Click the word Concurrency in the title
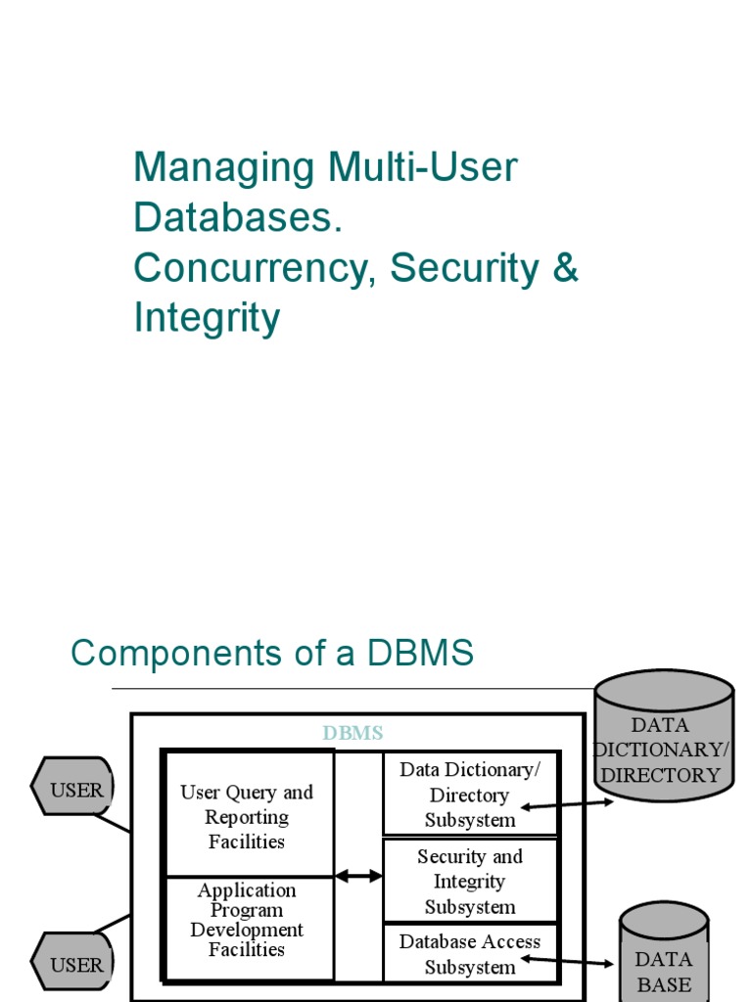click(253, 269)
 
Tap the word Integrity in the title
click(207, 318)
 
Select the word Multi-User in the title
click(422, 167)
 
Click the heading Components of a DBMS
click(272, 653)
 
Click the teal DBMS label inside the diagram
click(353, 733)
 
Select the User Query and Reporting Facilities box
click(248, 815)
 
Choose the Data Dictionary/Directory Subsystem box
click(470, 794)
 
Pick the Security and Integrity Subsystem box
click(470, 881)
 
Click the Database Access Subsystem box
click(470, 953)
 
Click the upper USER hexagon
click(74, 790)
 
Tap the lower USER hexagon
click(74, 964)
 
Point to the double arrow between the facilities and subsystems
click(359, 876)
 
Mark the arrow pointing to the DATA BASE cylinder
click(568, 962)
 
